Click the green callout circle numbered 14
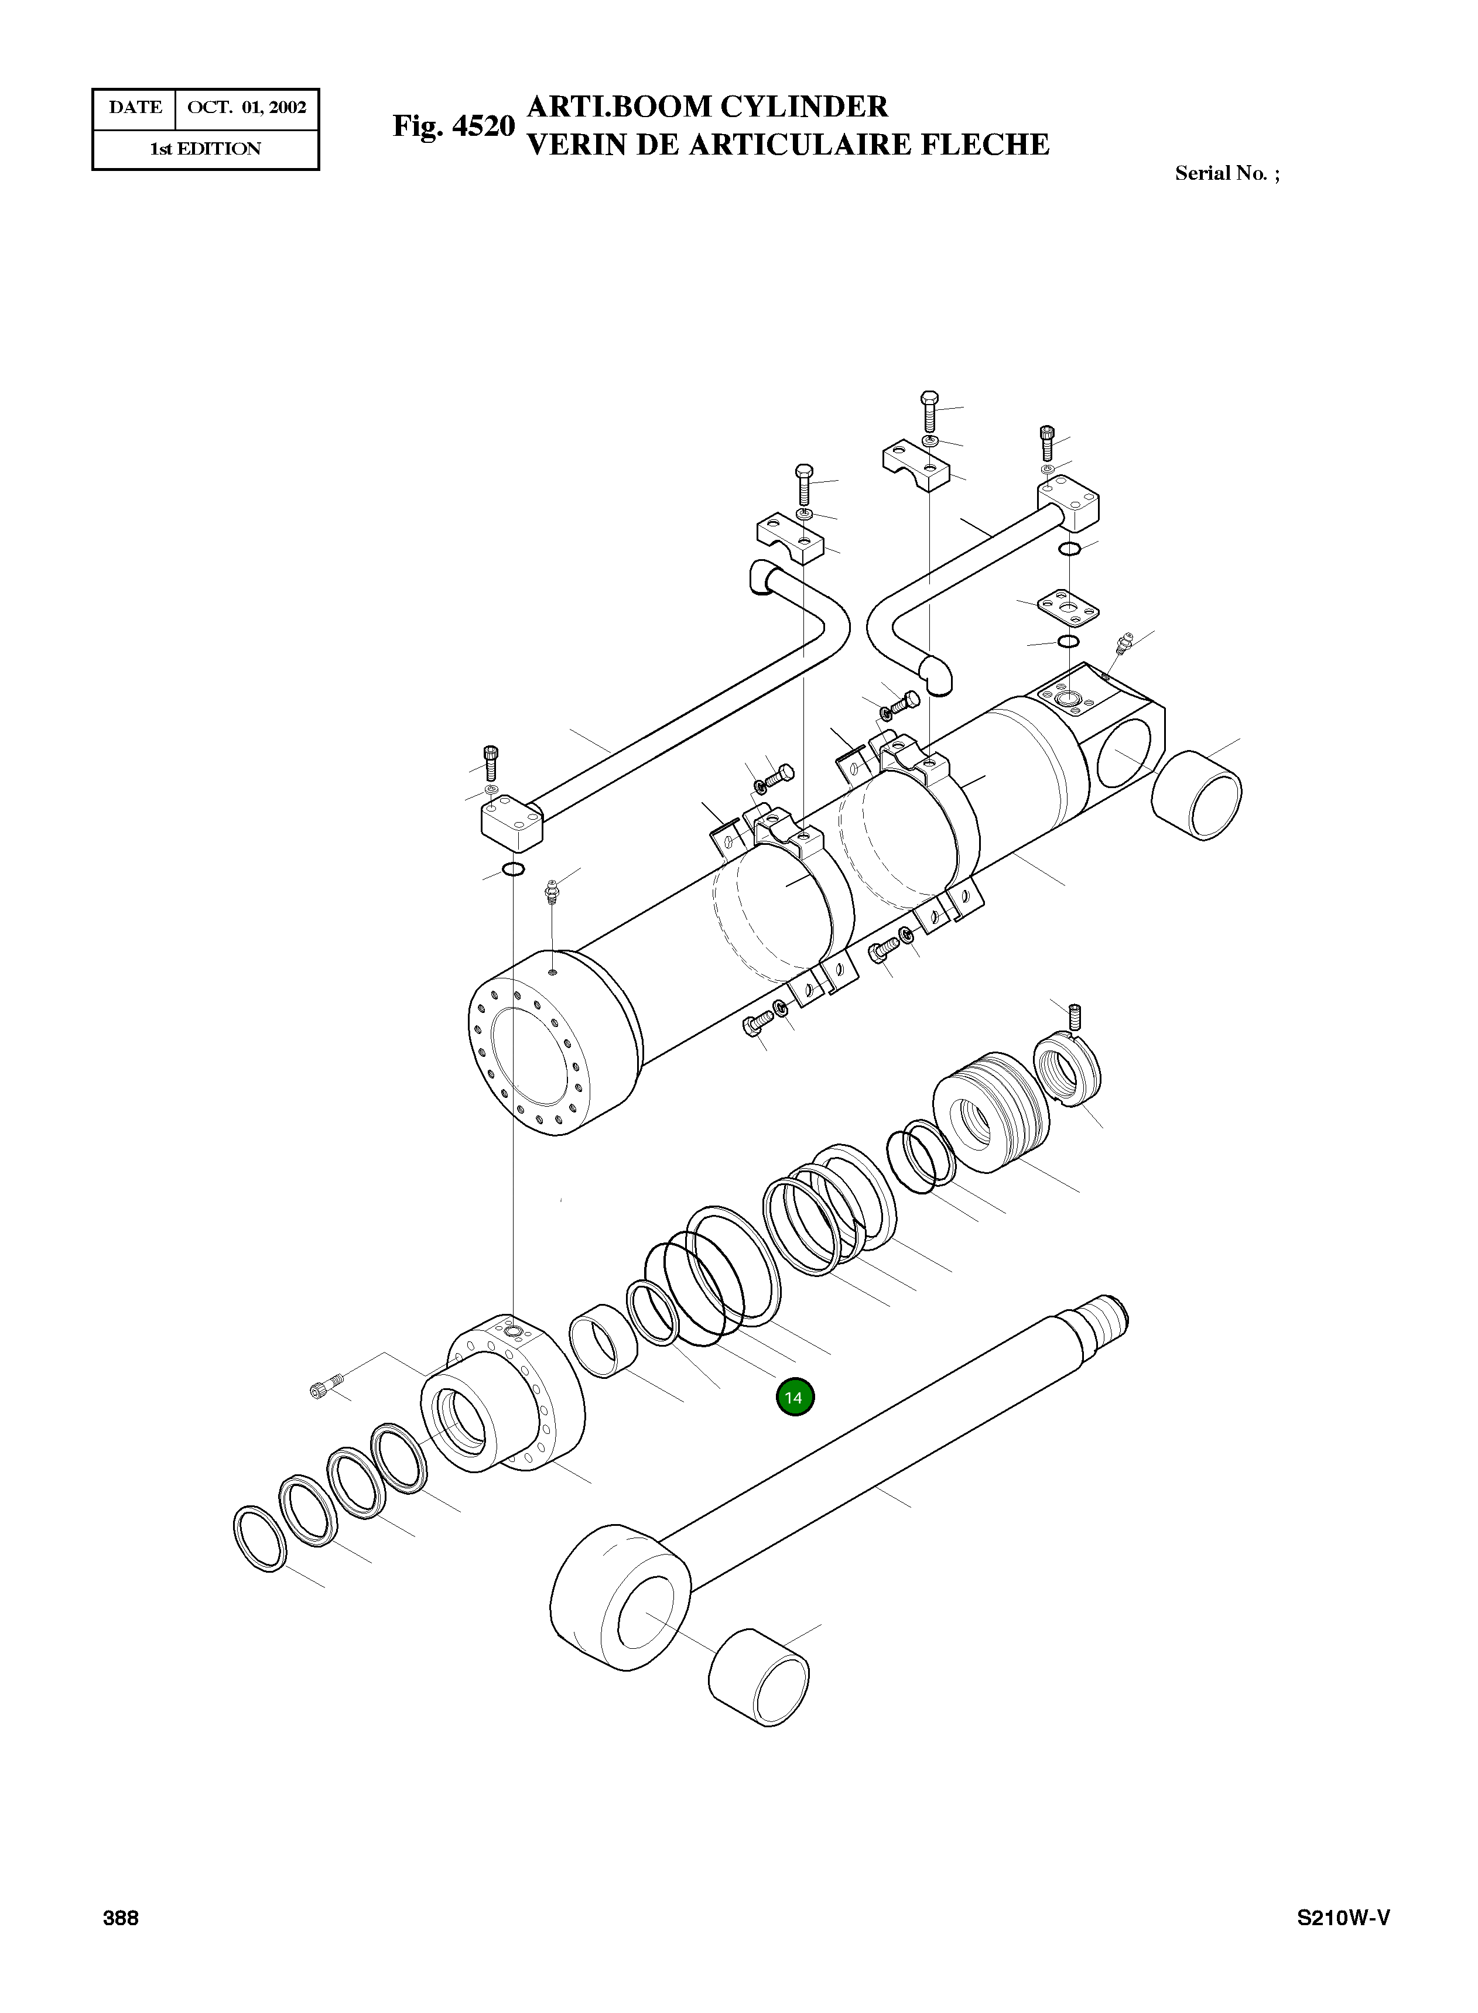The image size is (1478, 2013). (795, 1398)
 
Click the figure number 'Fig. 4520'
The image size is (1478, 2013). (454, 126)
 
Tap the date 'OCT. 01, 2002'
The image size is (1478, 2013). (247, 108)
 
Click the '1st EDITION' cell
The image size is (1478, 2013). (205, 149)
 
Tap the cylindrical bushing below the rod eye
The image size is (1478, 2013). (759, 1679)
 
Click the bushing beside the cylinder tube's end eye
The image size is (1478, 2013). (1196, 795)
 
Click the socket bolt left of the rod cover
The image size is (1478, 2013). (326, 1388)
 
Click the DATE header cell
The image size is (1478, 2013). (135, 108)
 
